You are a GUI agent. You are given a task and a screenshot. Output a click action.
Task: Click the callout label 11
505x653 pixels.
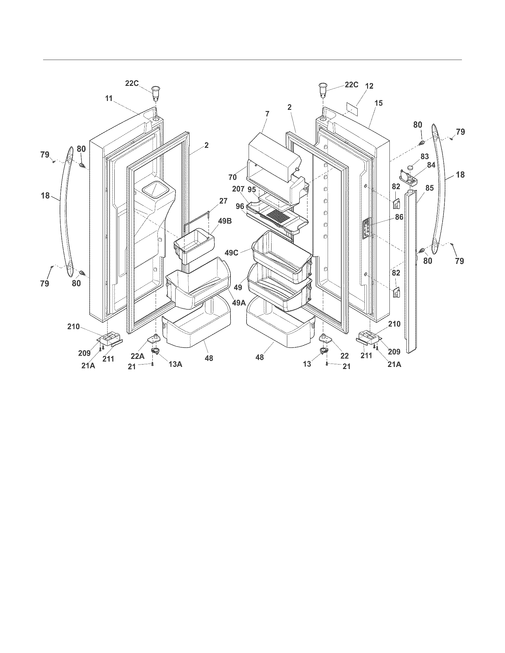coord(109,98)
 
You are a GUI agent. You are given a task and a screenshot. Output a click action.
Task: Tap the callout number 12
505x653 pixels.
coord(370,86)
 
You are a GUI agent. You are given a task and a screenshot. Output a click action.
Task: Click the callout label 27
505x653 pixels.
coord(223,201)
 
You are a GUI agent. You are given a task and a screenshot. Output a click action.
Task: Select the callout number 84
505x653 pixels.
coord(431,165)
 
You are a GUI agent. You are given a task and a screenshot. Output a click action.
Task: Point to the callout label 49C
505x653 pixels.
coord(232,253)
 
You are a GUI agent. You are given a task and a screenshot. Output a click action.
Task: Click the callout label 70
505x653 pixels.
coord(233,177)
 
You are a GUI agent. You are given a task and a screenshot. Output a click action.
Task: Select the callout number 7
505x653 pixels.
coord(267,114)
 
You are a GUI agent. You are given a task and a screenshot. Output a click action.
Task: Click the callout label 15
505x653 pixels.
coord(378,103)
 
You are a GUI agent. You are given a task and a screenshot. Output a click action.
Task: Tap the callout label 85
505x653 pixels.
coord(430,188)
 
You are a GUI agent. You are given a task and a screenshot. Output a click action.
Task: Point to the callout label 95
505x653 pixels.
coord(252,189)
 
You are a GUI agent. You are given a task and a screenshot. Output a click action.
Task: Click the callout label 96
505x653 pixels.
coord(240,206)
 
